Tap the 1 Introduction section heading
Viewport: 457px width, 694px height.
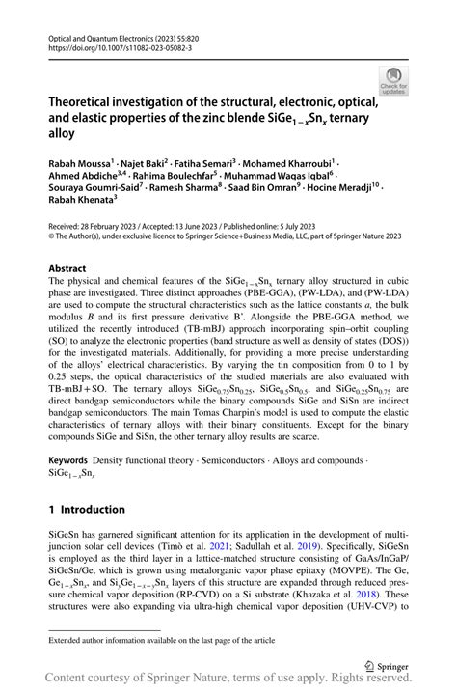[87, 509]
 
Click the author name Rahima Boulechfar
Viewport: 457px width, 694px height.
[177, 179]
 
